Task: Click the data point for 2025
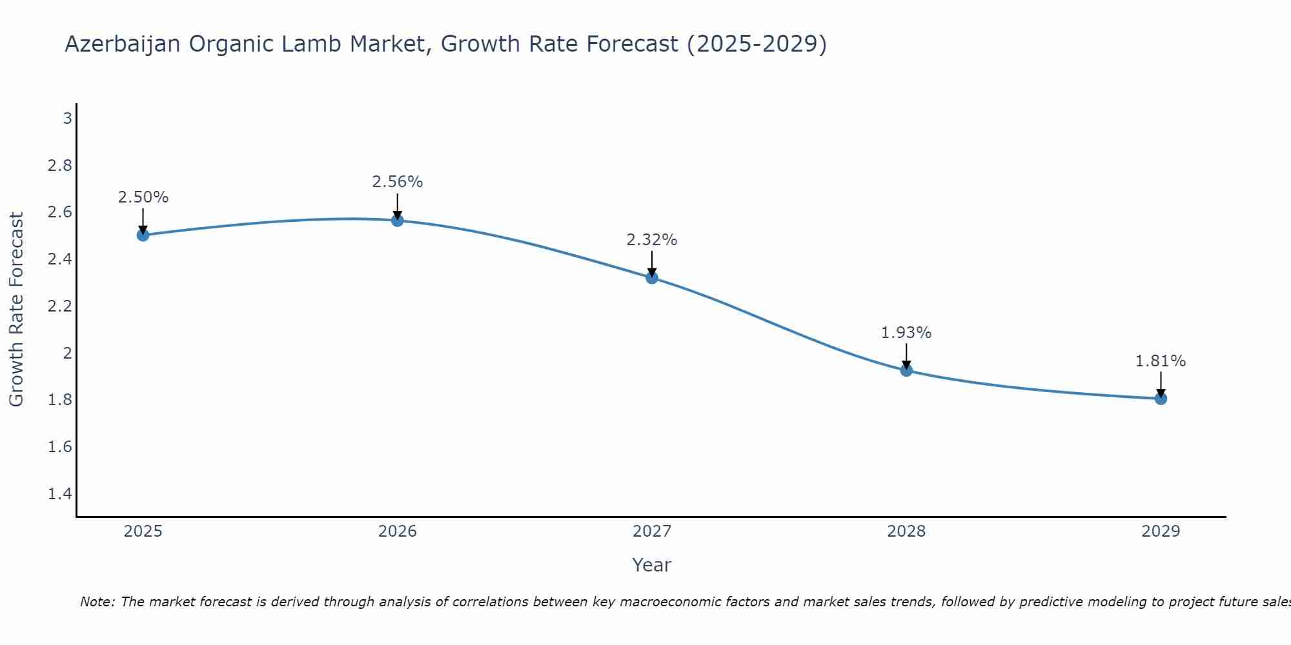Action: point(143,235)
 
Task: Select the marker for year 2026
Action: point(398,221)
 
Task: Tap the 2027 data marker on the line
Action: point(652,278)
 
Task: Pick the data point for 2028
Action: point(906,370)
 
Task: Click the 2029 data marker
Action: point(1161,399)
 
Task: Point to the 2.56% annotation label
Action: point(398,182)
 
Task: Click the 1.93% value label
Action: point(906,333)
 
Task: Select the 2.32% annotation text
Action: point(652,240)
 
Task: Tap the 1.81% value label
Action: point(1161,361)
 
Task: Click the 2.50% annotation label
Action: point(143,197)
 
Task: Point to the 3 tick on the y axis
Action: point(67,119)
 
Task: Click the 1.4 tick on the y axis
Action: point(60,494)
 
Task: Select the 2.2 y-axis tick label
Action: point(60,306)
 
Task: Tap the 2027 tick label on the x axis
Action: point(652,531)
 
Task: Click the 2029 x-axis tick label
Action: point(1161,531)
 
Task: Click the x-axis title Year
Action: point(652,565)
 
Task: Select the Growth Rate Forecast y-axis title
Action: point(16,310)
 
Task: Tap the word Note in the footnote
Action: point(97,602)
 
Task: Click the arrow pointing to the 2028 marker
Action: point(906,356)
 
